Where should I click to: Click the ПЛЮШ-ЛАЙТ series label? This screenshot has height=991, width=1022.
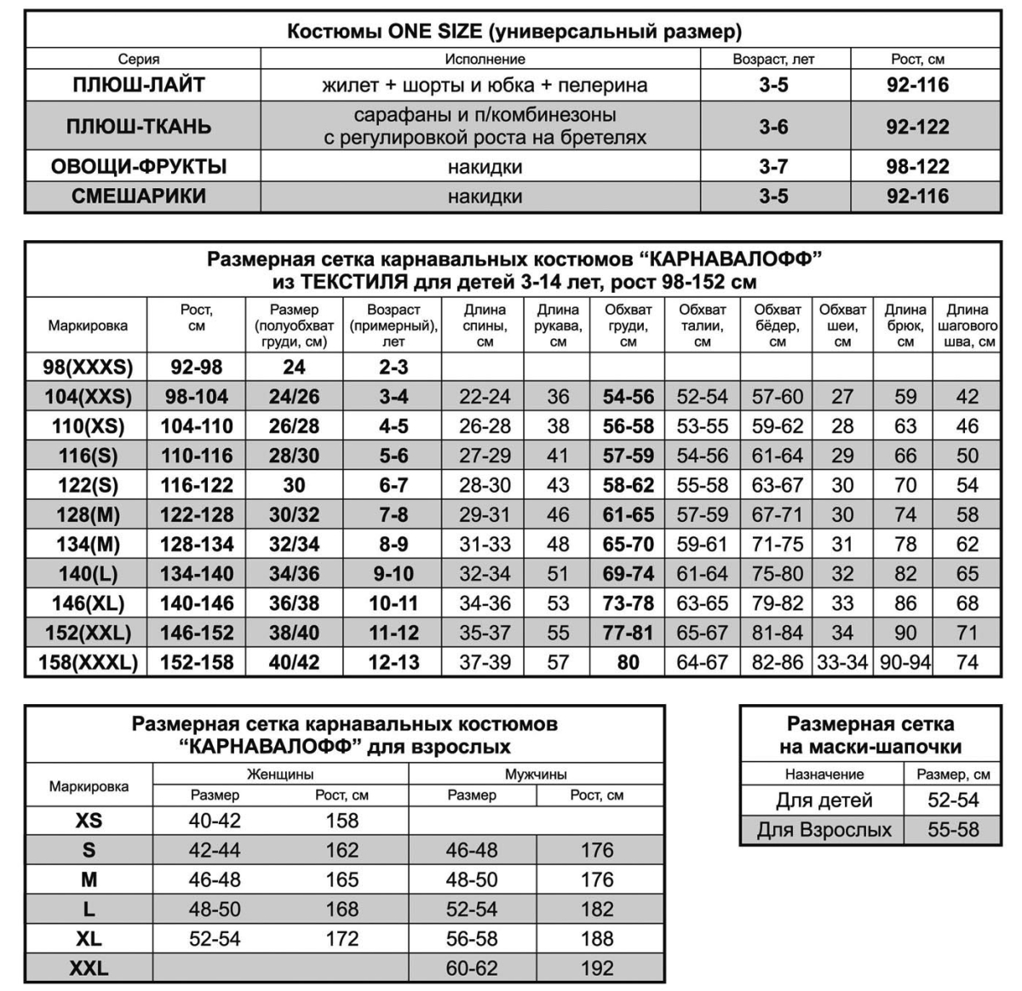tap(139, 85)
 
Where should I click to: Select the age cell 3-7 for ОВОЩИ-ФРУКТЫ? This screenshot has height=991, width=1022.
tap(773, 167)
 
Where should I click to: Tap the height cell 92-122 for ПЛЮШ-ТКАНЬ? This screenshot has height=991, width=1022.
tap(917, 127)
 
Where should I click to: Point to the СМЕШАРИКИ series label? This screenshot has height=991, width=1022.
tap(139, 197)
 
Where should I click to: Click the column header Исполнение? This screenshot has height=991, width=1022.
tap(485, 60)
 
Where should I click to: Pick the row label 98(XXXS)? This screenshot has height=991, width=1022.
tap(88, 367)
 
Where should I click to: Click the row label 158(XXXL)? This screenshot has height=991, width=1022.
tap(88, 662)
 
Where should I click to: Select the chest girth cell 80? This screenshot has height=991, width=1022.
tap(628, 662)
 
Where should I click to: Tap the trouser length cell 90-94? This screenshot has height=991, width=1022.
tap(904, 662)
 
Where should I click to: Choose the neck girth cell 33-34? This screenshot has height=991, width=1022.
tap(841, 662)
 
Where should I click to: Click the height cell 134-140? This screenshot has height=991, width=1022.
tap(197, 574)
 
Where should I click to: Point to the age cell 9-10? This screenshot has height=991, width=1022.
tap(393, 574)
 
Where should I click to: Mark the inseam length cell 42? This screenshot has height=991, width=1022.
tap(967, 397)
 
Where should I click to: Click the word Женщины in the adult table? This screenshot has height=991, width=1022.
tap(280, 775)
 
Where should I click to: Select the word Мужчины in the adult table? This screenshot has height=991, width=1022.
tap(536, 775)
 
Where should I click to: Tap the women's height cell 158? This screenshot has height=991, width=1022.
tap(342, 821)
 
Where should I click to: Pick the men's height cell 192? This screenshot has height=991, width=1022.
tap(597, 968)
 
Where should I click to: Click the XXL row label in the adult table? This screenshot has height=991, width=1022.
tap(89, 968)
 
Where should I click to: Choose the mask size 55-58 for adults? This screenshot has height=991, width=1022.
tap(953, 830)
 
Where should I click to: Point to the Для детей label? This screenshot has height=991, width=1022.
tap(824, 801)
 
